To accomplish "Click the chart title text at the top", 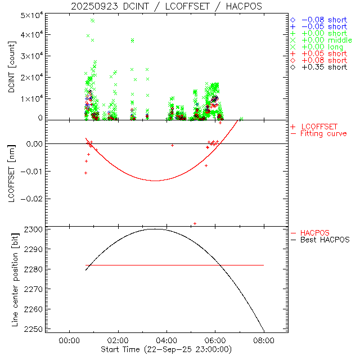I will [x=166, y=6].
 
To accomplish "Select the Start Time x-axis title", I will [x=166, y=349].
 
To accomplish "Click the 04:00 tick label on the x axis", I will [x=166, y=340].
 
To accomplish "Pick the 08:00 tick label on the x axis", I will [x=264, y=340].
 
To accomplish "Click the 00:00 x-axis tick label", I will [x=69, y=340].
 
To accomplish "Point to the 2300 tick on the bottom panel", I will [x=34, y=229].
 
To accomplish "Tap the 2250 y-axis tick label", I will [x=34, y=330].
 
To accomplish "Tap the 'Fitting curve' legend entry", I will [x=323, y=133].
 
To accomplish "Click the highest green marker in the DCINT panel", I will [x=92, y=20].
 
